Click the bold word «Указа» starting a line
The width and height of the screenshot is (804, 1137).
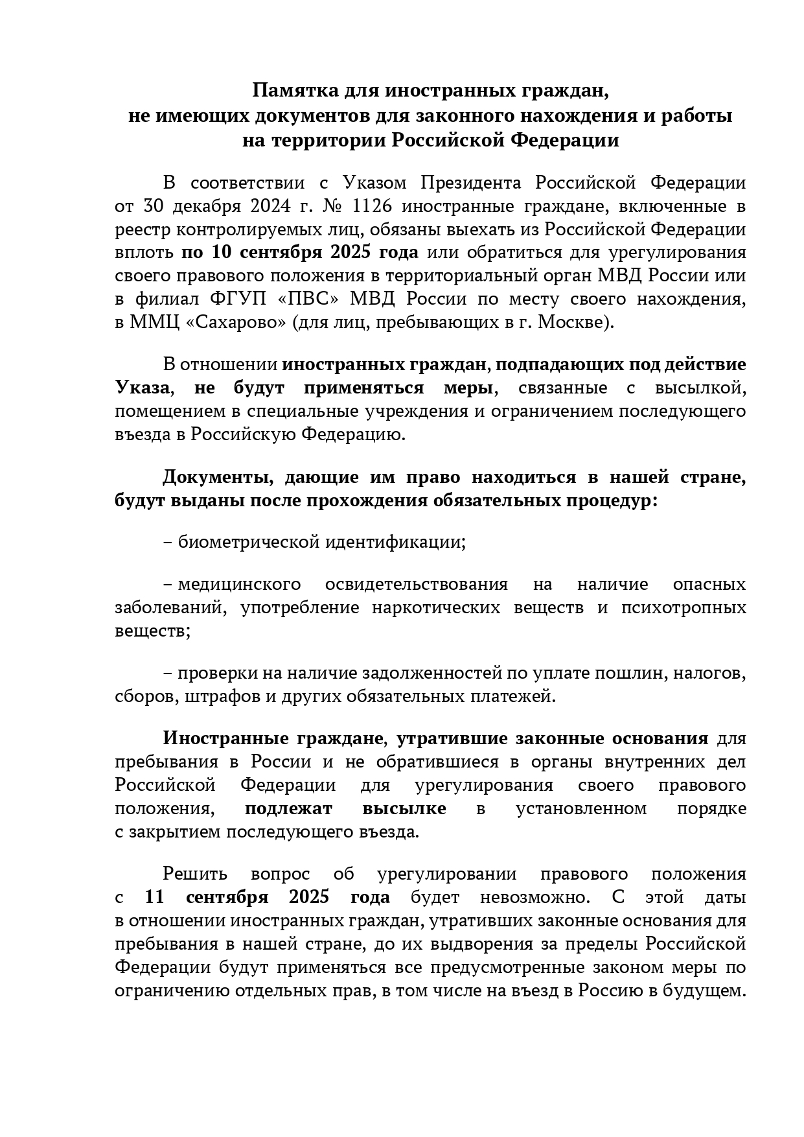143,388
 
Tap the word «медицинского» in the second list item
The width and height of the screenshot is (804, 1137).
239,584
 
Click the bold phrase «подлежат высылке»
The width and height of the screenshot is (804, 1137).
346,808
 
